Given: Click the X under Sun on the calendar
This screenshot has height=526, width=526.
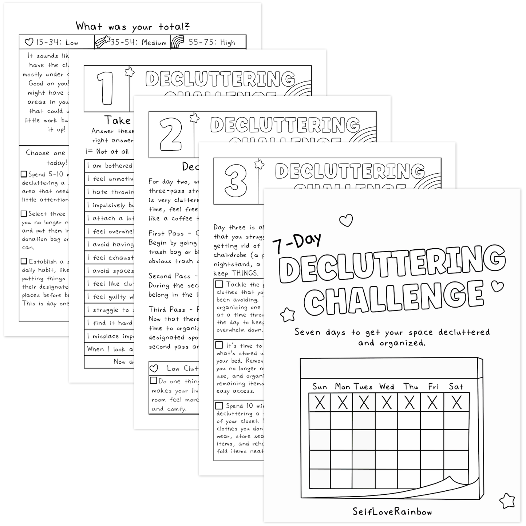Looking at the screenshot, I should [x=320, y=403].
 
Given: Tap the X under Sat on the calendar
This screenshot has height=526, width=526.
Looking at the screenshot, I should [x=456, y=403].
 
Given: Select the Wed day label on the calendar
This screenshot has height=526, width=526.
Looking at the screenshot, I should [x=387, y=387].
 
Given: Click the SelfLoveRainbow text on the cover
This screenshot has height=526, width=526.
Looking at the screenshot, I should [x=392, y=511].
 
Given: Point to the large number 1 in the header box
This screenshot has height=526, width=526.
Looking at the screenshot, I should [x=107, y=88].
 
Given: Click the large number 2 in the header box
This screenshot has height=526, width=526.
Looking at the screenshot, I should [x=171, y=134].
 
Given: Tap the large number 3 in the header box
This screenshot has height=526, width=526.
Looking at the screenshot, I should [x=236, y=181].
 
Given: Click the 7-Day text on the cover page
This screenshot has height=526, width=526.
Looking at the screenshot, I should [x=297, y=243].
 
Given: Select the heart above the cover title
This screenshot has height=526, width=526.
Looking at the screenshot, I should [x=346, y=220].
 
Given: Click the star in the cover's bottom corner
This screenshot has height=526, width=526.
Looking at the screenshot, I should [x=507, y=501].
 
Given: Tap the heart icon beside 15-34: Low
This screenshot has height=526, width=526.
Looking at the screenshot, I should [x=29, y=42].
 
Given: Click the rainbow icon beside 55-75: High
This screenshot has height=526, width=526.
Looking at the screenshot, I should [x=178, y=42].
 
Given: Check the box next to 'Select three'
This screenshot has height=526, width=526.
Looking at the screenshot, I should [x=24, y=214].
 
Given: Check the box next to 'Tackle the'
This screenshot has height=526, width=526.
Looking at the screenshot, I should [x=219, y=284].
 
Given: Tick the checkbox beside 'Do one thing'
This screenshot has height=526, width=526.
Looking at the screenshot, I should [x=154, y=381].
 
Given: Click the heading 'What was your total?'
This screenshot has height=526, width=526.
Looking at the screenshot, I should [x=133, y=26].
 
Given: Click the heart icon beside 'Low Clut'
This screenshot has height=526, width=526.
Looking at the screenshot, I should [x=154, y=368].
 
